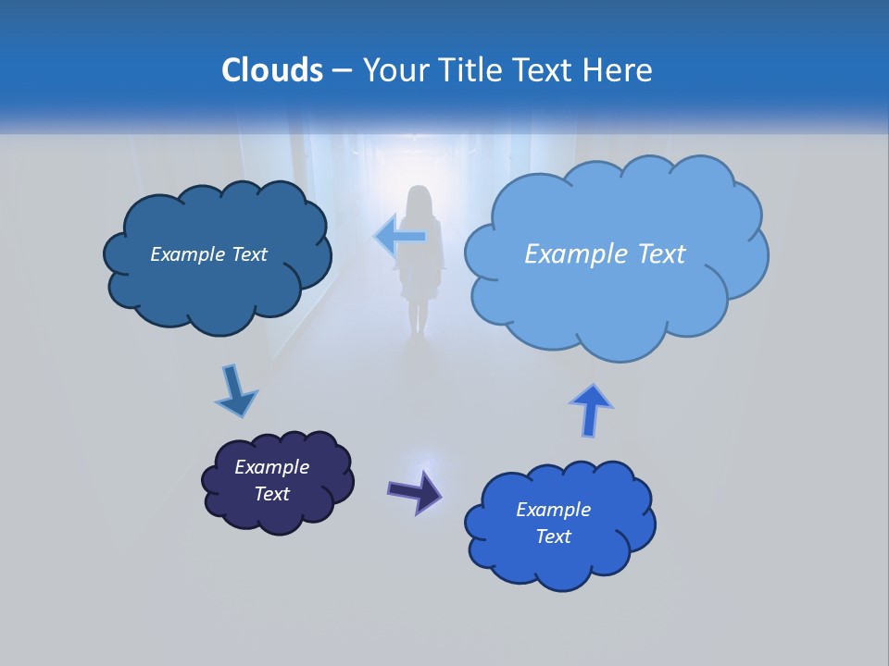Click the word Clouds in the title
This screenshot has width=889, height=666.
(x=271, y=70)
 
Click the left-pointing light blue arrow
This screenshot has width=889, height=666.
(x=401, y=236)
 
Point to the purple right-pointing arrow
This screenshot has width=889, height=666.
(x=415, y=490)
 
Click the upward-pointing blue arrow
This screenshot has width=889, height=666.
(x=591, y=409)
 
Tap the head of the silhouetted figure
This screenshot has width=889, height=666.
(x=419, y=202)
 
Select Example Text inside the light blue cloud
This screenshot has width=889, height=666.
(x=605, y=254)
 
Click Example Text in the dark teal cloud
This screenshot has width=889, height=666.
(x=208, y=254)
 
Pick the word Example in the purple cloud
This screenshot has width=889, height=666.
(x=271, y=467)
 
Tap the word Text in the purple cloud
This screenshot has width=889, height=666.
(x=271, y=494)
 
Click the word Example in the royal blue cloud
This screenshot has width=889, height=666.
(x=553, y=510)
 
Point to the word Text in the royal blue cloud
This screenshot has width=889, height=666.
(x=553, y=536)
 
